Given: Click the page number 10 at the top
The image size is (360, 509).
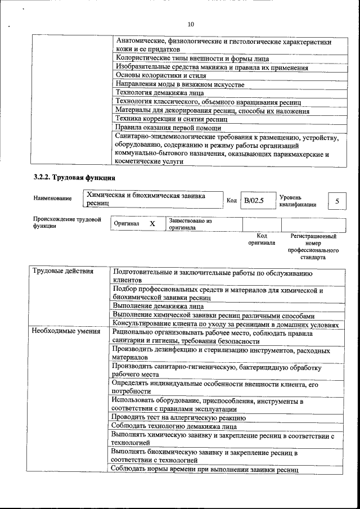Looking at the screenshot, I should pos(190,24).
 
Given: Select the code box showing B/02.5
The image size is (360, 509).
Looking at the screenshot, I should pos(254,201).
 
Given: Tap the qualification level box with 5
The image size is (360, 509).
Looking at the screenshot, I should pos(336,201).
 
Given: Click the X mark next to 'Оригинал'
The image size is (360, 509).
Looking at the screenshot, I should pos(152,224).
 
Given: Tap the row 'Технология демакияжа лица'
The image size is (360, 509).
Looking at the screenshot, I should pos(159,93).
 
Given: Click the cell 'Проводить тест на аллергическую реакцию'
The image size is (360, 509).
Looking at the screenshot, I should pos(178,417).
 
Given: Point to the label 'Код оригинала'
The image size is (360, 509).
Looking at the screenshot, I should pos(262,240).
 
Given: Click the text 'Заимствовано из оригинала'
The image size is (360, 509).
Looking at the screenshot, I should pos(190,224).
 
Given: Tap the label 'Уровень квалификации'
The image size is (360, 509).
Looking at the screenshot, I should pos(297,201).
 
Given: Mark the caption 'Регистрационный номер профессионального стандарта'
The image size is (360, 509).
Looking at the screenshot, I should pos(313,247).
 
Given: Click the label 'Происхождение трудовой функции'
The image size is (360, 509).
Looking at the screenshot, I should pos(66,222).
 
